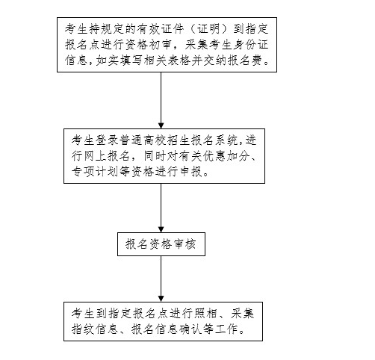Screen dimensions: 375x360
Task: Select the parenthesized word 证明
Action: point(208,29)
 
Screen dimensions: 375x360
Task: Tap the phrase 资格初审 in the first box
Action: point(148,45)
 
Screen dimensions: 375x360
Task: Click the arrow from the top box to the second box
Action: point(161,100)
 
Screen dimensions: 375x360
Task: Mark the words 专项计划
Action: point(95,172)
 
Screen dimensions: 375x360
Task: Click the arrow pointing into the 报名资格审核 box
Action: point(161,208)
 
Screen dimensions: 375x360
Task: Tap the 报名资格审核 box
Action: point(161,244)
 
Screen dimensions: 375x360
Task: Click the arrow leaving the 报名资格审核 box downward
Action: point(161,279)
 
